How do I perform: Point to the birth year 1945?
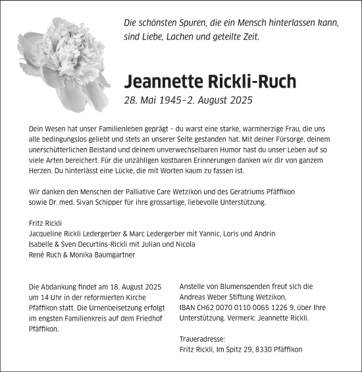tap(175, 100)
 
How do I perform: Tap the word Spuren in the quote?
tap(191, 22)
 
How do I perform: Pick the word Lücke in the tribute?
tap(117, 171)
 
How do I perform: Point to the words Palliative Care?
tap(149, 192)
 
